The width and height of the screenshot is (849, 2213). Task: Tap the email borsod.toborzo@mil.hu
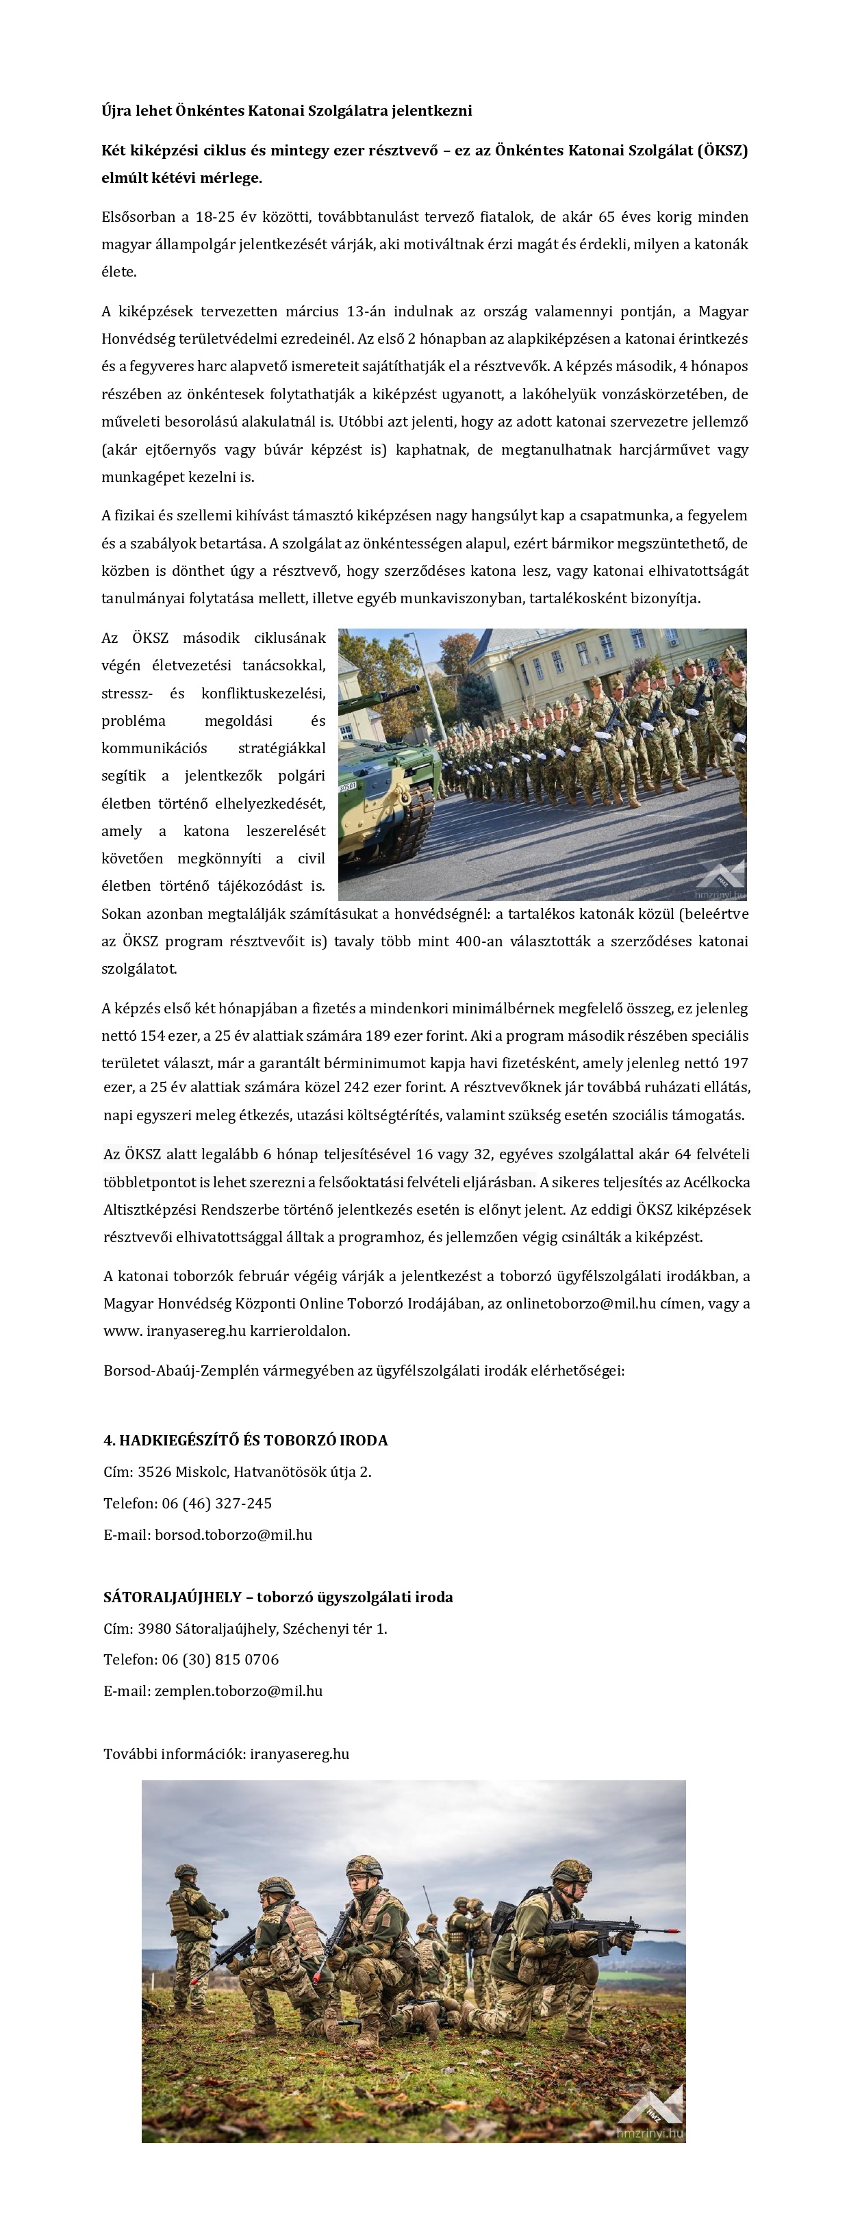[233, 1534]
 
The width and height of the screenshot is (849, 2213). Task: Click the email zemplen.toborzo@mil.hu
[238, 1691]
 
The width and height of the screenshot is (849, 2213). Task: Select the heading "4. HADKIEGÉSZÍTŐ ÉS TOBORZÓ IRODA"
[246, 1440]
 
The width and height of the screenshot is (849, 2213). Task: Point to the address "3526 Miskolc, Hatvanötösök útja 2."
[254, 1471]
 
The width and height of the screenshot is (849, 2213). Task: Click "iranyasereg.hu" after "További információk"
[299, 1754]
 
